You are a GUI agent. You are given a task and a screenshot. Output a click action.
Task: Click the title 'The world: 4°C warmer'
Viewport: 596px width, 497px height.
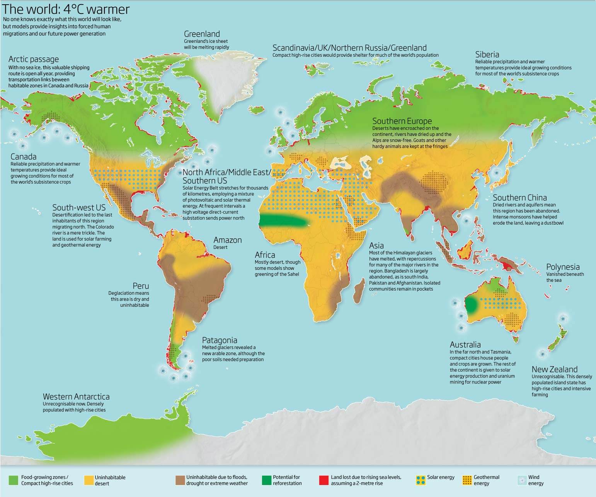[66, 9]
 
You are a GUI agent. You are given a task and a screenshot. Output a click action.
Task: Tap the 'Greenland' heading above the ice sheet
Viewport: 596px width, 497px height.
[202, 34]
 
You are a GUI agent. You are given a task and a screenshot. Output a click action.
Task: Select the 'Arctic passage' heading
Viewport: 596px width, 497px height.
[34, 59]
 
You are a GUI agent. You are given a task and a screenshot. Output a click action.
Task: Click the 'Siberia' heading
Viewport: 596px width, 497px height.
[487, 54]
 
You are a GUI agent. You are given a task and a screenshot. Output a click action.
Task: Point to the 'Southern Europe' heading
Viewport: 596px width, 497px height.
[402, 121]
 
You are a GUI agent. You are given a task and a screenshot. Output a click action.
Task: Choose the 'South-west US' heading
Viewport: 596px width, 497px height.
[79, 208]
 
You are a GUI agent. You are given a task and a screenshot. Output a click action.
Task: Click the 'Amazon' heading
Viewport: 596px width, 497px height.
[227, 240]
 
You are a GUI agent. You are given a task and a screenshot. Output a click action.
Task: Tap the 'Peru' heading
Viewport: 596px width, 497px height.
[141, 286]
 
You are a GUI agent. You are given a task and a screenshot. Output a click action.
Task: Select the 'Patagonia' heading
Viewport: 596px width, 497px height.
[219, 340]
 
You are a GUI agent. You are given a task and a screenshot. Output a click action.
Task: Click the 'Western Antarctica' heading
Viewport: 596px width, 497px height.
[76, 397]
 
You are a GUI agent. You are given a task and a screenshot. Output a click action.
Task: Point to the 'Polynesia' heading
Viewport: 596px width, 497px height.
[563, 267]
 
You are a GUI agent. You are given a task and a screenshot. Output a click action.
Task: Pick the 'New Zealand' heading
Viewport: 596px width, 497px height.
[554, 369]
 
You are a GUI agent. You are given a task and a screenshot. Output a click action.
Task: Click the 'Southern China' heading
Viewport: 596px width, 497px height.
[519, 198]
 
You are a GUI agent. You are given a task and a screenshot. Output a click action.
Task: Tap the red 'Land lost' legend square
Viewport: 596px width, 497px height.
[324, 480]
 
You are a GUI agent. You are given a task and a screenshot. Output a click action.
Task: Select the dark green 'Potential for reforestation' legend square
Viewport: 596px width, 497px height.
[266, 480]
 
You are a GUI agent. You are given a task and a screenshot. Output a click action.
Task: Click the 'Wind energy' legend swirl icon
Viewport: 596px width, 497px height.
[522, 480]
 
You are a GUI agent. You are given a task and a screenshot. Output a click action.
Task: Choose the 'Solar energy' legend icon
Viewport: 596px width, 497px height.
[420, 480]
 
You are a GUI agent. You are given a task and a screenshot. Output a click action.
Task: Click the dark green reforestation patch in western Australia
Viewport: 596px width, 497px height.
[471, 305]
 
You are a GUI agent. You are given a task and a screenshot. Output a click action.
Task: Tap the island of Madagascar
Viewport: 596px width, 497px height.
[359, 291]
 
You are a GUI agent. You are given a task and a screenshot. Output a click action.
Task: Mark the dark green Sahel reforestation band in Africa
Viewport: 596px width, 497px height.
[284, 221]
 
